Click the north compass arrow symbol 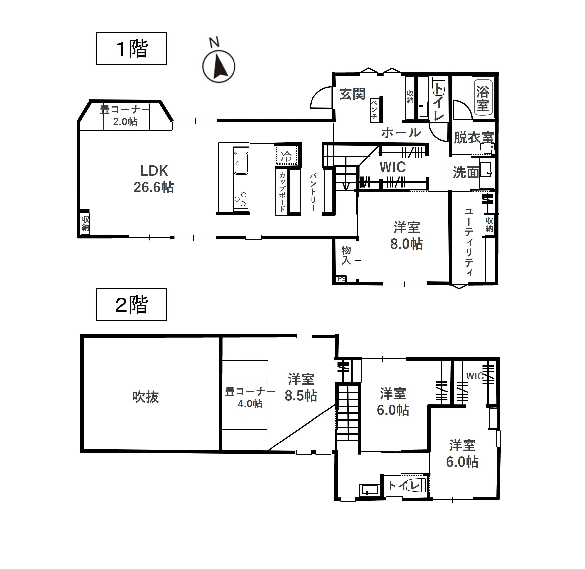(219, 66)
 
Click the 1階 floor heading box (131, 49)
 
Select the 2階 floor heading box (131, 305)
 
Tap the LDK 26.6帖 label (154, 179)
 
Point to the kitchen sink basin (241, 163)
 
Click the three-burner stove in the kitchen (241, 200)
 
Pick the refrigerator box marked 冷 (287, 155)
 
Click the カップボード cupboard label (282, 192)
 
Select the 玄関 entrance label (352, 94)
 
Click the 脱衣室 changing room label (474, 138)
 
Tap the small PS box (341, 279)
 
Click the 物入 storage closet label (346, 255)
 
